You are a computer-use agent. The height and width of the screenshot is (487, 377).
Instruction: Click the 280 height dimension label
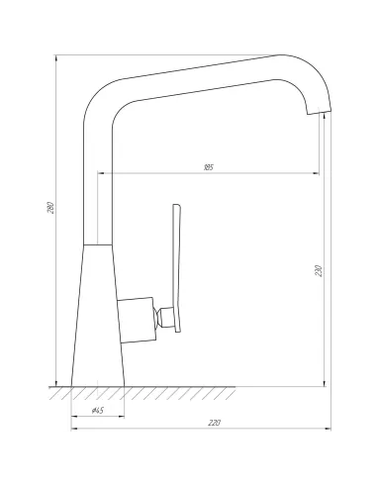point(50,207)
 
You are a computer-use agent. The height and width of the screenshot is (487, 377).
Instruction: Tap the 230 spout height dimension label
point(319,270)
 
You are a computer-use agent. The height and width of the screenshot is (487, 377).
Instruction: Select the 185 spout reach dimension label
point(208,167)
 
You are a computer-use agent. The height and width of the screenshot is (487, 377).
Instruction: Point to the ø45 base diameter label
point(98,410)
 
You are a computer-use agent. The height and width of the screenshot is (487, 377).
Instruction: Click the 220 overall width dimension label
point(214,423)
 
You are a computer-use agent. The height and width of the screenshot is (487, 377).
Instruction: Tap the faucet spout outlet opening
point(320,112)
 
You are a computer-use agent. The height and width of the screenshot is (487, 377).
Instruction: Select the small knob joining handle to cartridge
point(163,317)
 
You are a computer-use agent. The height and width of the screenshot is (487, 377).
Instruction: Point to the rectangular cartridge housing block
point(137,320)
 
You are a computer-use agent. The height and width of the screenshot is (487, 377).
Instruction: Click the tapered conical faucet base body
point(98,316)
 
